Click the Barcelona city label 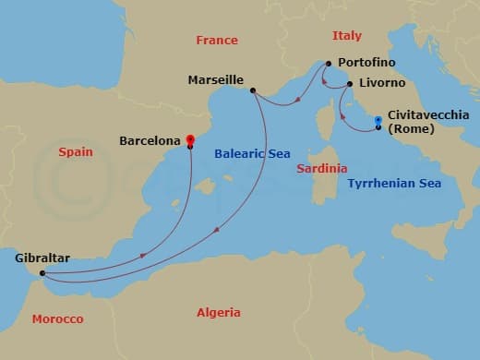150,141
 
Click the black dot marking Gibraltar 42,273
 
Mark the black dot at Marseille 253,90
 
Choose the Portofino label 366,62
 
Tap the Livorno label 381,83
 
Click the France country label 217,41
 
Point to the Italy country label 347,35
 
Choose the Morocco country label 57,319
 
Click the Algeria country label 219,313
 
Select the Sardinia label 321,169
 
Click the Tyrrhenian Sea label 394,184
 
